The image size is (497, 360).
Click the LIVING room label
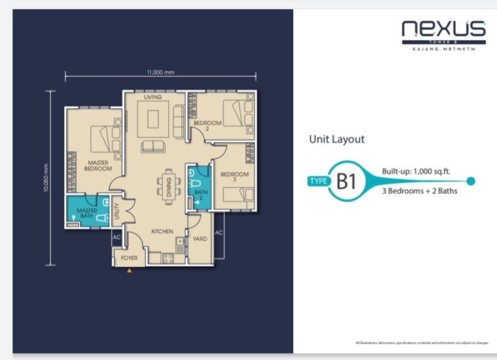click(x=153, y=97)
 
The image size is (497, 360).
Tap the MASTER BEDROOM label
click(x=98, y=165)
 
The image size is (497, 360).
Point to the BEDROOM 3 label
click(x=234, y=177)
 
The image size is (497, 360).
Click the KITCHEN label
click(x=161, y=231)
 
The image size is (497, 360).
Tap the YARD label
click(x=201, y=239)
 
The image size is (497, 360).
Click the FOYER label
click(x=130, y=258)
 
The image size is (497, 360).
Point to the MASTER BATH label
click(x=86, y=214)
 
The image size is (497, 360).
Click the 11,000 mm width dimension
click(x=160, y=72)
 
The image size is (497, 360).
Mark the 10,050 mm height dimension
click(x=46, y=177)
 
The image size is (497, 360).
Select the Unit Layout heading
click(x=337, y=139)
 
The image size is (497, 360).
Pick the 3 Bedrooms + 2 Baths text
click(x=419, y=191)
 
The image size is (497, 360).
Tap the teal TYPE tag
click(x=318, y=181)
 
